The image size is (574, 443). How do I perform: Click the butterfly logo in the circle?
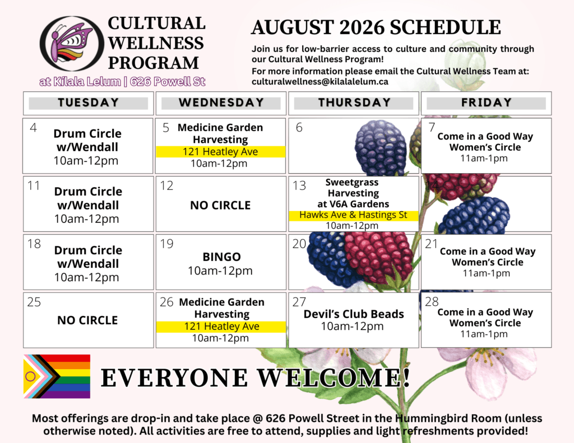pos(72,44)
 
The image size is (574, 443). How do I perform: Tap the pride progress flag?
pos(57,376)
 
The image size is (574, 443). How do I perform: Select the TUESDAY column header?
pos(88,103)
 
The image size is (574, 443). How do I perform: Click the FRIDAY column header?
pos(486,103)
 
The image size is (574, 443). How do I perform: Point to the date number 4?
pos(33,128)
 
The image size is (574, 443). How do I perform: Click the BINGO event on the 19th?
pos(221,257)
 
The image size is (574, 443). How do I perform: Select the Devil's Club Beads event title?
pos(354,314)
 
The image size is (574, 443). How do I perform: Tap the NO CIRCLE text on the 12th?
pos(220,205)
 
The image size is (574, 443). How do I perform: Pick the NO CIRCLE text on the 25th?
pos(87,320)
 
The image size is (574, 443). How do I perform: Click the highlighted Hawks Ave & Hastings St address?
pos(353,215)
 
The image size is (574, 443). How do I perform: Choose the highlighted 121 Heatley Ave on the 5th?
pos(220,151)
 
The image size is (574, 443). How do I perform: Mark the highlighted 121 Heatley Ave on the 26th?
pos(221,327)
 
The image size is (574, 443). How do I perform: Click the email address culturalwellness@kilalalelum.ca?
pos(320,82)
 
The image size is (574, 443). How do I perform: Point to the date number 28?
pos(432,301)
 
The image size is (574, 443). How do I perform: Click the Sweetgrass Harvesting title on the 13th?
pos(353,188)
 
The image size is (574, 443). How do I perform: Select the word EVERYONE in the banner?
pos(174,377)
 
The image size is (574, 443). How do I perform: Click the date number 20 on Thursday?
pos(299,244)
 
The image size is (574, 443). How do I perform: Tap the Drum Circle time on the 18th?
pos(87,277)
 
